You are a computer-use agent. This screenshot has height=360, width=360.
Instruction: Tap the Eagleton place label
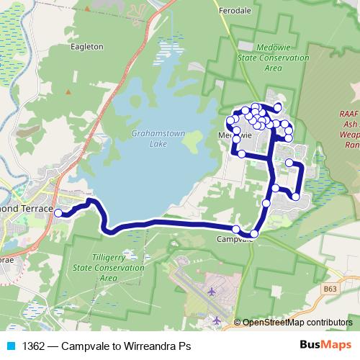pyautogui.click(x=86, y=46)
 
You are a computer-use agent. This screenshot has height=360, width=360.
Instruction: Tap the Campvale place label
pyautogui.click(x=235, y=240)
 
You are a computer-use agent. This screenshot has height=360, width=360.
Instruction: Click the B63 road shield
pyautogui.click(x=330, y=289)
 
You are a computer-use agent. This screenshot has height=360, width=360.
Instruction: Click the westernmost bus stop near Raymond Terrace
pyautogui.click(x=59, y=212)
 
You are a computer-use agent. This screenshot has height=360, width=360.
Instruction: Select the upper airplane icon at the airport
pyautogui.click(x=212, y=291)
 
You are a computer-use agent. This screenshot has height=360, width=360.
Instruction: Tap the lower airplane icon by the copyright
pyautogui.click(x=217, y=319)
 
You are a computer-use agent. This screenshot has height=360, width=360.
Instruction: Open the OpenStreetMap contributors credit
pyautogui.click(x=297, y=323)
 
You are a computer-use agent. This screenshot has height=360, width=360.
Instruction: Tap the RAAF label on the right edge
pyautogui.click(x=349, y=113)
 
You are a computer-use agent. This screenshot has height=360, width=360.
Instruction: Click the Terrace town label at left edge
pyautogui.click(x=36, y=209)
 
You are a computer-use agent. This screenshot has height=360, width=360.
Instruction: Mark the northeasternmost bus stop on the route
pyautogui.click(x=278, y=106)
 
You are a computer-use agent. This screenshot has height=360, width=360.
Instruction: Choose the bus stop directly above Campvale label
pyautogui.click(x=237, y=229)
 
